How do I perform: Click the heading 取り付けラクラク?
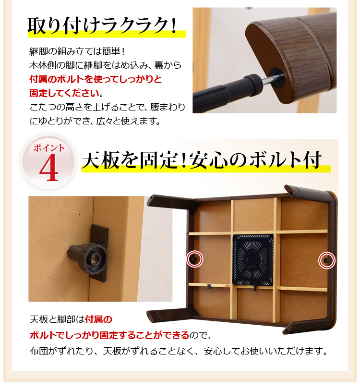(102, 25)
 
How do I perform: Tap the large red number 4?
(49, 168)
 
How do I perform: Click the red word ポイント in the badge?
(49, 148)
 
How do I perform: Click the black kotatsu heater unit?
(253, 260)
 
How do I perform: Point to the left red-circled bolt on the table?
(194, 259)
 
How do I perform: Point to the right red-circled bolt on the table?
(327, 260)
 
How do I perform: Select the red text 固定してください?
(64, 93)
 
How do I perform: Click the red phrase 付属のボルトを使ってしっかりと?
(96, 79)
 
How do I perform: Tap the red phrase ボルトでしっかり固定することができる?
(109, 335)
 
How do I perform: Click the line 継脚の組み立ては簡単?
(77, 51)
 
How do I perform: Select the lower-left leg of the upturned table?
(170, 315)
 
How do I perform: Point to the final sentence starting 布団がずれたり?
(179, 351)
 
